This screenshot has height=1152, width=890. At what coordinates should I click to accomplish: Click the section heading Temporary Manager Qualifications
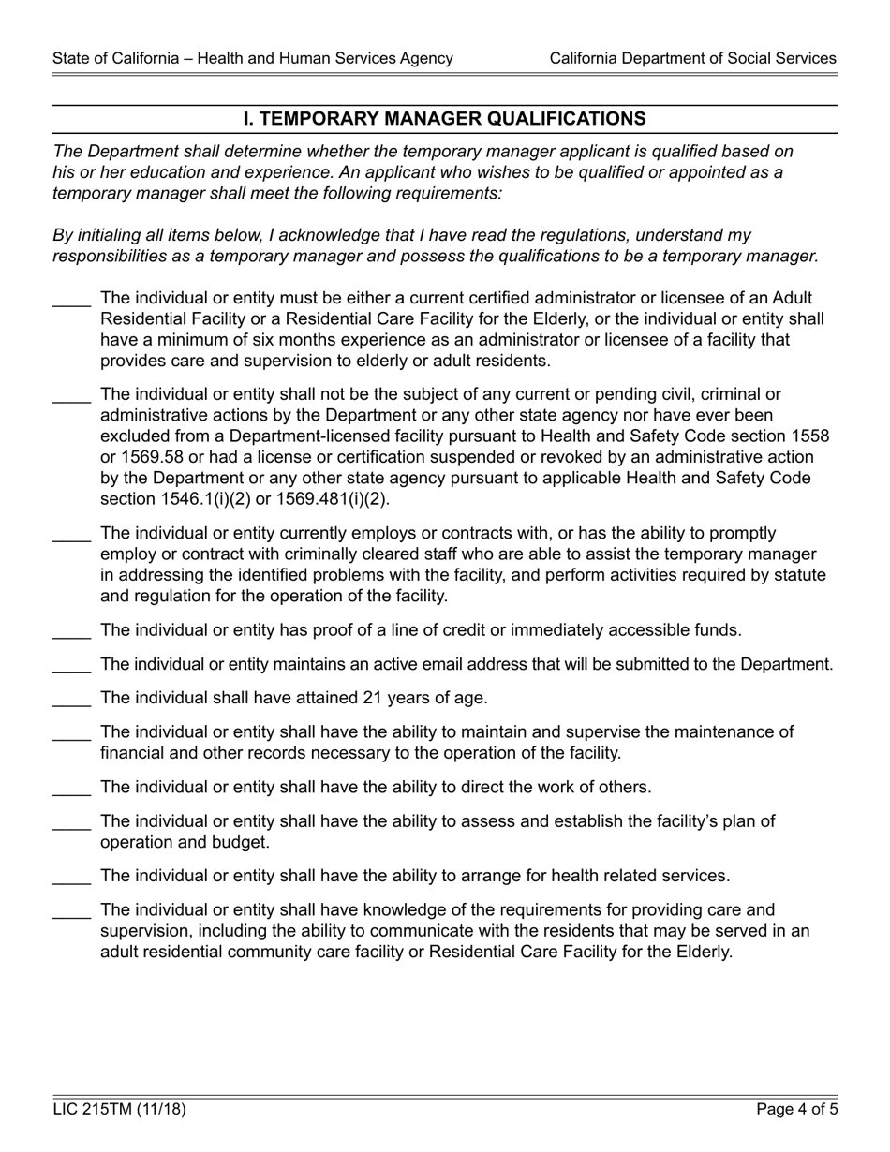444,119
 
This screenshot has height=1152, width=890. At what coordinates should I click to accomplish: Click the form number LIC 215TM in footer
119,1110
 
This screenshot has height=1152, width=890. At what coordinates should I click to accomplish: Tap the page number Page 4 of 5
796,1110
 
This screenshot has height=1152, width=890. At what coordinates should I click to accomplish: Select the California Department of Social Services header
692,58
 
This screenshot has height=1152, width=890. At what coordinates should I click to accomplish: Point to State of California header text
253,58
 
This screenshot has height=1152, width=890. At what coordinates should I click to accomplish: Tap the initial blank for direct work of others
71,790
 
